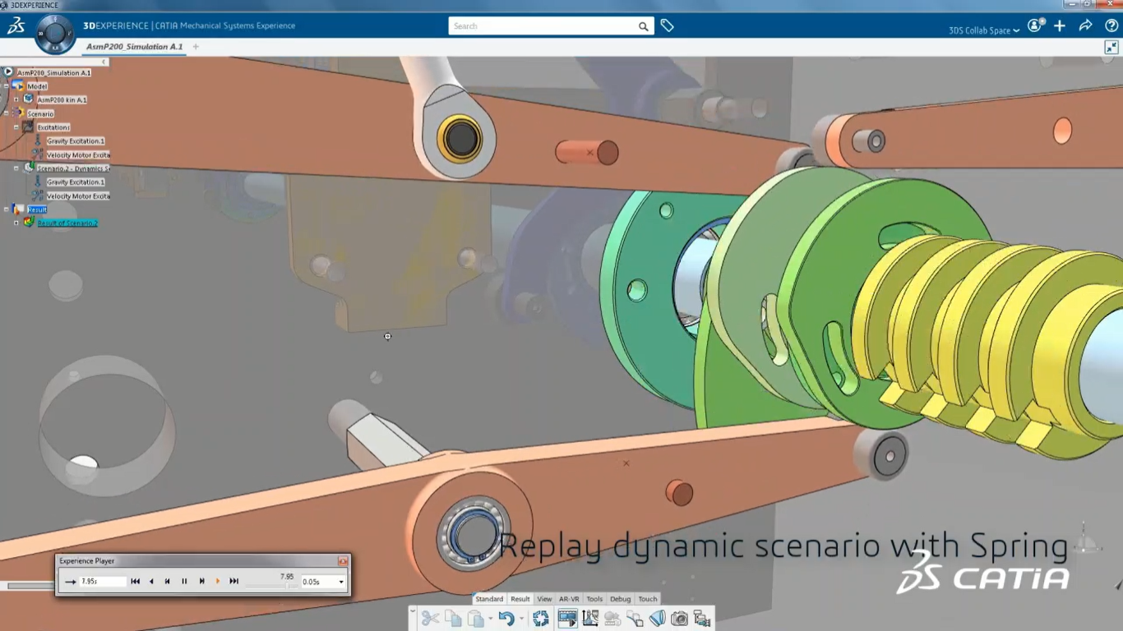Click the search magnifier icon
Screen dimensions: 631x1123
point(643,26)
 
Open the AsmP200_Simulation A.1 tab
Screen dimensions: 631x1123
point(135,47)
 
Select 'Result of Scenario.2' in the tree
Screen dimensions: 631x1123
point(67,223)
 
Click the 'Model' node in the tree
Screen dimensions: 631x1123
point(37,86)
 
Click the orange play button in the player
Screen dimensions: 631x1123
point(218,581)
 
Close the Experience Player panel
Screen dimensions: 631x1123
point(343,561)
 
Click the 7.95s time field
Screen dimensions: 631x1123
point(102,582)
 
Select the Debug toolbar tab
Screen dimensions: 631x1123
point(620,599)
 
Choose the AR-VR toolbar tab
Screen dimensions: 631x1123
point(569,599)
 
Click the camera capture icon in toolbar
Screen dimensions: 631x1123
point(679,619)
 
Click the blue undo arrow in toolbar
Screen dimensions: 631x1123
point(506,619)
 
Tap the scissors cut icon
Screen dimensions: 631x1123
point(430,619)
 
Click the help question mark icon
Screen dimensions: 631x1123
point(1111,26)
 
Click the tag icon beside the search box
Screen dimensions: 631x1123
point(667,26)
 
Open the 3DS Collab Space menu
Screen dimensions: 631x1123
point(984,30)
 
